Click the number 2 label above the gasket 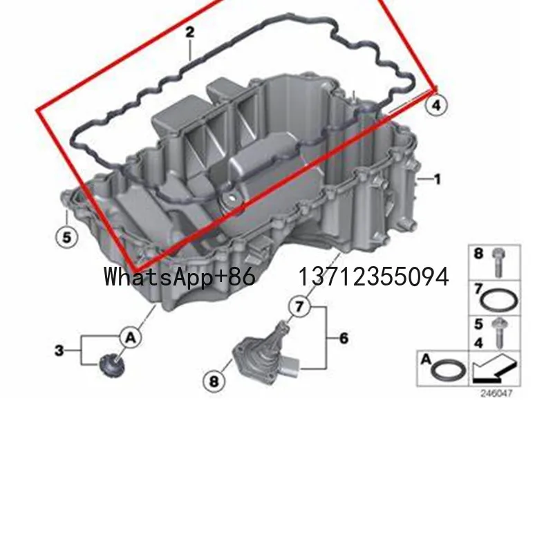189,32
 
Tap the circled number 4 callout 436,105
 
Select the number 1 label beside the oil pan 437,180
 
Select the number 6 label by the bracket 344,338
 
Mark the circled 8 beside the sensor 213,380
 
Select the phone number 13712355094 373,277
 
